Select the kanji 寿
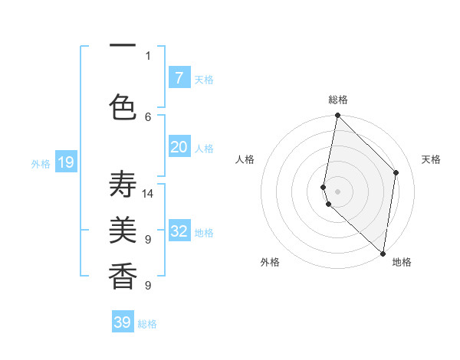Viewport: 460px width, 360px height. click(x=123, y=185)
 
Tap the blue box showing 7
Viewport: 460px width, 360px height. click(x=179, y=77)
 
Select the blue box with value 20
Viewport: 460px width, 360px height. click(x=179, y=147)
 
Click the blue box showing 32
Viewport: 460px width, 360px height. click(x=179, y=231)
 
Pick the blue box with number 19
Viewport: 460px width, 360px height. click(x=66, y=162)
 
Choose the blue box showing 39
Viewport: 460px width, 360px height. click(x=123, y=322)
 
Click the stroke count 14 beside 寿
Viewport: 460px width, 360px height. click(x=148, y=193)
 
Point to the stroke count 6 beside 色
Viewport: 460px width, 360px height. click(x=148, y=116)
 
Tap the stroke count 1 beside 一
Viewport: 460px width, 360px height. click(x=148, y=55)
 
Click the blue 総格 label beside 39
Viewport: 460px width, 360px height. click(x=147, y=324)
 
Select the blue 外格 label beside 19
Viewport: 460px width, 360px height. click(x=41, y=163)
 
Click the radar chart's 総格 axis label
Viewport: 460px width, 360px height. click(x=338, y=100)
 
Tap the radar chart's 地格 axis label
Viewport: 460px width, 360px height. click(x=402, y=262)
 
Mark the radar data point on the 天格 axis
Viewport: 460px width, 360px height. click(x=396, y=172)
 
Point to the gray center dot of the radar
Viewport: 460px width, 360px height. click(x=338, y=191)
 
